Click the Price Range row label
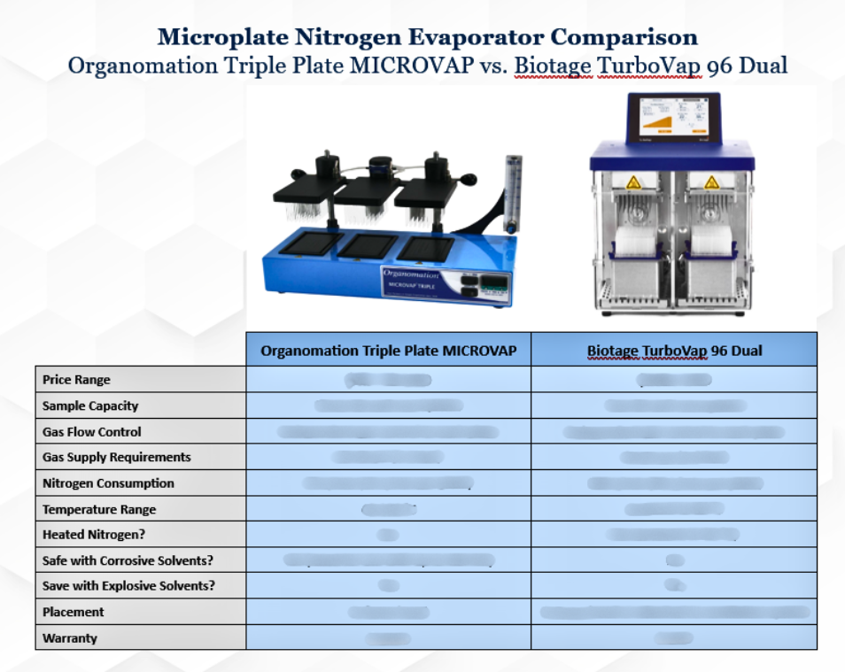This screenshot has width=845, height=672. click(x=76, y=380)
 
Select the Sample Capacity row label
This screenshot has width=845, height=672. click(x=90, y=406)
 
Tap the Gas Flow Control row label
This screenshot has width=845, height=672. click(x=91, y=432)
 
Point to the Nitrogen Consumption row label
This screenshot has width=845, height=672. click(x=108, y=483)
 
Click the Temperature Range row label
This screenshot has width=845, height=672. click(x=99, y=510)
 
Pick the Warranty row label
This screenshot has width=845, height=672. click(x=70, y=638)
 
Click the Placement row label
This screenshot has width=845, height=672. click(x=74, y=612)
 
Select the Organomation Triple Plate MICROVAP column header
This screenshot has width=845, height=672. click(x=388, y=351)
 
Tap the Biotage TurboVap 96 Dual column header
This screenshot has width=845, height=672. click(x=674, y=351)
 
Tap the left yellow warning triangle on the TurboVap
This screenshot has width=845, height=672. click(x=634, y=182)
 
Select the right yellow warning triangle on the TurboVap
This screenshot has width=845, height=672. click(x=711, y=182)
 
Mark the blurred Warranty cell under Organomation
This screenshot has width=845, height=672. click(x=388, y=638)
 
